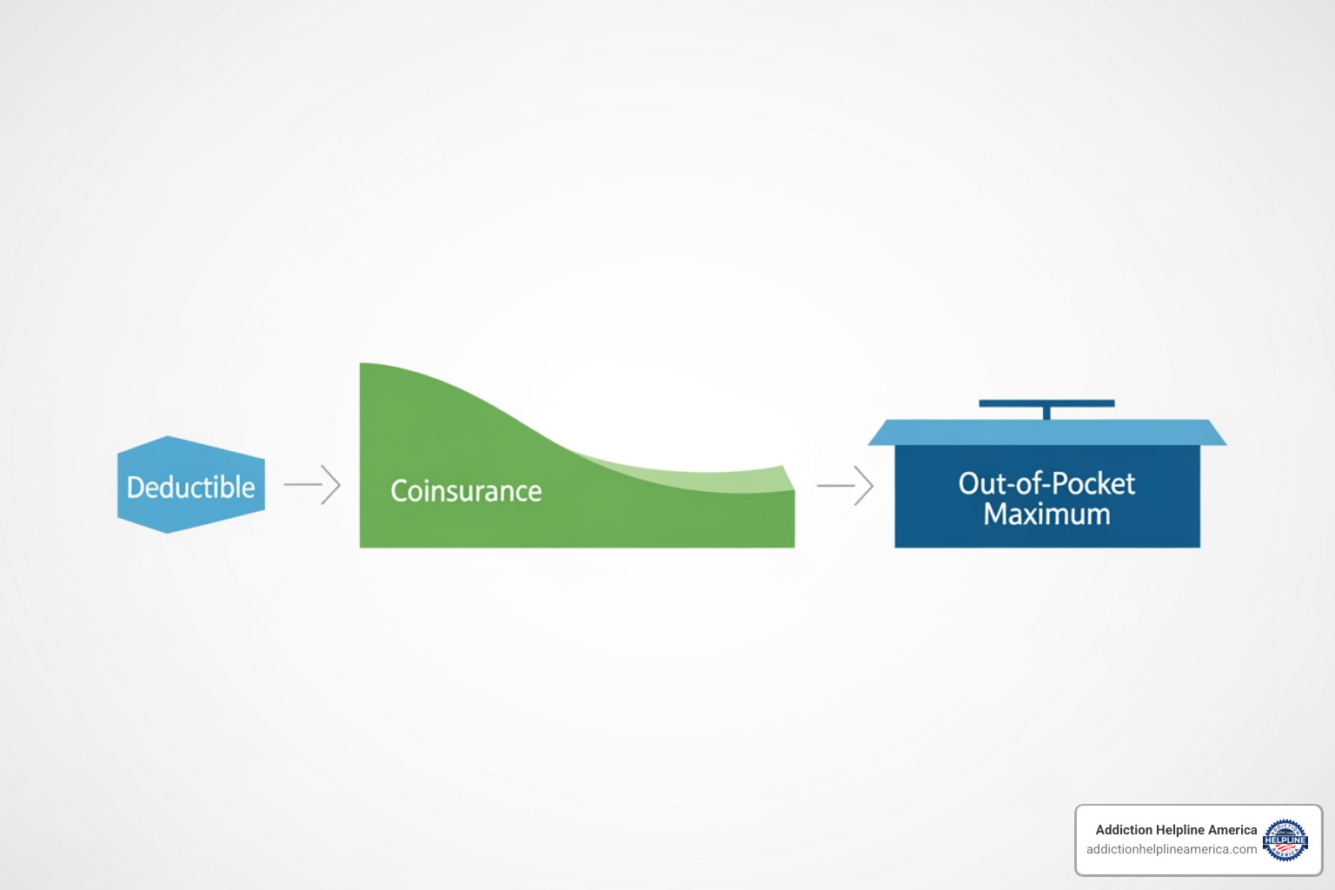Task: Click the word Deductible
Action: [190, 487]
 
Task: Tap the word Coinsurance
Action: [466, 491]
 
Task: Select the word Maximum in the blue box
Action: [1046, 515]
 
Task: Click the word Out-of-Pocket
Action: [1046, 483]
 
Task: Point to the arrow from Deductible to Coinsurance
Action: [312, 484]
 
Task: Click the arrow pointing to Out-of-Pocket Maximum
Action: [845, 485]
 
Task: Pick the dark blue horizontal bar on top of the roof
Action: [1046, 403]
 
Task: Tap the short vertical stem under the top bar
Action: [1046, 413]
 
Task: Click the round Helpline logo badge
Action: [1285, 840]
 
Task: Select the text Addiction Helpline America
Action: [1176, 830]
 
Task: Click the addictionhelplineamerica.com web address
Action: [1171, 849]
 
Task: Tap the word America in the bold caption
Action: [1232, 830]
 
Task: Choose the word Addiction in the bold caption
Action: [1124, 830]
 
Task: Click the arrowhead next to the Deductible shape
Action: [332, 484]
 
